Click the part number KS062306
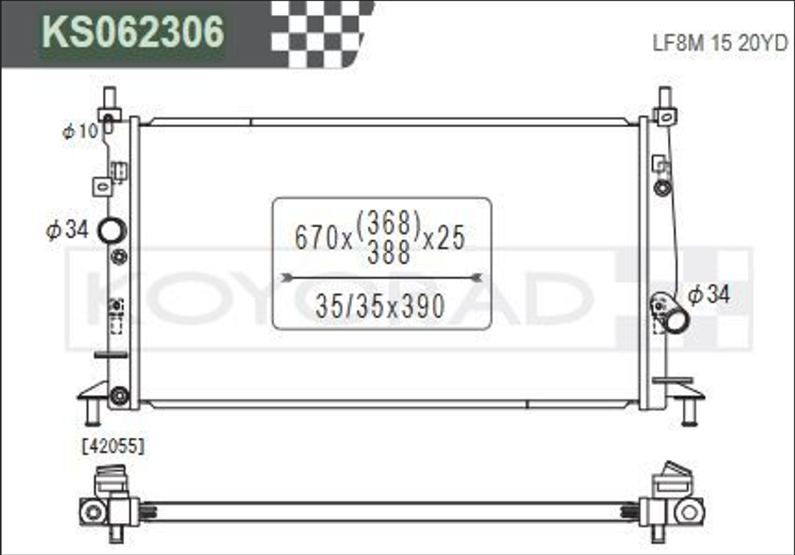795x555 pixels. tap(132, 31)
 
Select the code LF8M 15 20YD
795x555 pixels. tap(720, 43)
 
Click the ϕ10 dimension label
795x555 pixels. tap(80, 131)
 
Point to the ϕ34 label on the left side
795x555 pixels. tap(67, 229)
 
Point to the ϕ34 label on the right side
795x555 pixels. tap(709, 294)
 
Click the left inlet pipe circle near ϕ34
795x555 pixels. tap(111, 230)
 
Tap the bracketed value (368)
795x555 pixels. tap(389, 224)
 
